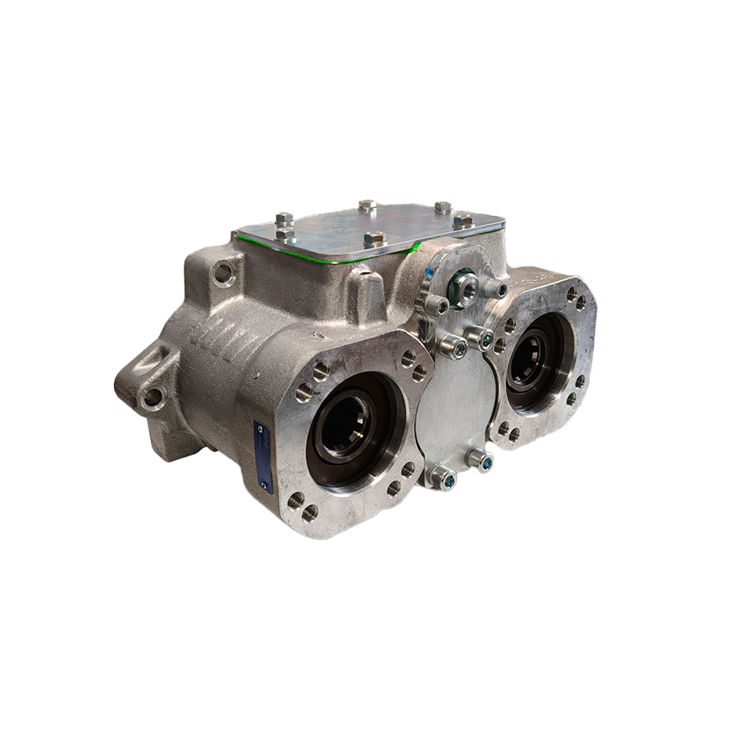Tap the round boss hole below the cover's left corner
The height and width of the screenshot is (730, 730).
[x=222, y=274]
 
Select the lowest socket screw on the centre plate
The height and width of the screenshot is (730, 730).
[x=445, y=480]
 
